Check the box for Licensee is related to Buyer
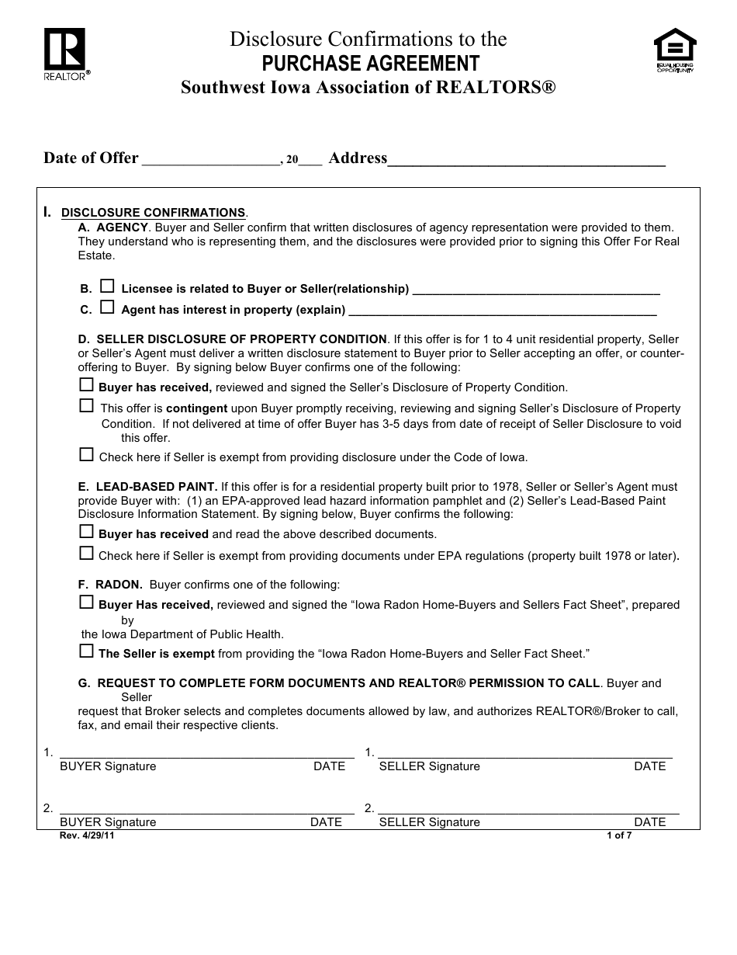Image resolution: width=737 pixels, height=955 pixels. point(107,286)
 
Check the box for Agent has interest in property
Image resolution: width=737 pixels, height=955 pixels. point(107,307)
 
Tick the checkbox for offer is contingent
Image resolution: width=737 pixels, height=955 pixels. point(86,405)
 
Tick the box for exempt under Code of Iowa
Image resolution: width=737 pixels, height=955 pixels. point(86,455)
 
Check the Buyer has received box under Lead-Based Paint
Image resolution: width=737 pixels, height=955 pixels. point(86,532)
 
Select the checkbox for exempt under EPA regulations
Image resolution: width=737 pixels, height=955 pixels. point(86,554)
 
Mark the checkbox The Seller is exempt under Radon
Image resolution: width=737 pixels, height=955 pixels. point(86,651)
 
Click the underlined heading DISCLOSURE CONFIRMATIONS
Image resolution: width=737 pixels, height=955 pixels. point(153,213)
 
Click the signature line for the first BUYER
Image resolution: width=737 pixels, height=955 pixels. point(206,752)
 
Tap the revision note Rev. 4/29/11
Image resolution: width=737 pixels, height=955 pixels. point(80,836)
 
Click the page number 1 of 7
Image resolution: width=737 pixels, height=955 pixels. point(619,836)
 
